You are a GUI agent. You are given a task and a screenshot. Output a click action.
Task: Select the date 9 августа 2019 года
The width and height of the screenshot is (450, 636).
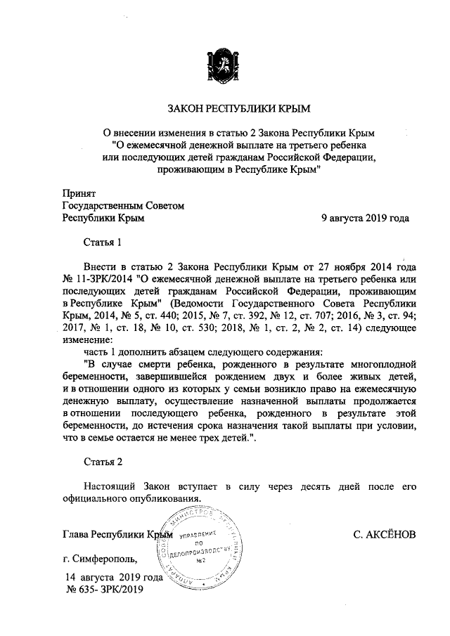(365, 218)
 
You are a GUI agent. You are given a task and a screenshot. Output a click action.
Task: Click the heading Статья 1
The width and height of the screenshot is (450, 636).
(103, 242)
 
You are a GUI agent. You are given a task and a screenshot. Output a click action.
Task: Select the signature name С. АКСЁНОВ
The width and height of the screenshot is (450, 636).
(385, 535)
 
